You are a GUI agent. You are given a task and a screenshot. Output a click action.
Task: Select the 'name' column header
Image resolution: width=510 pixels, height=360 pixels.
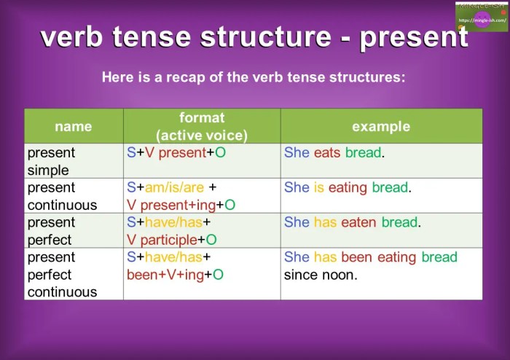(74, 126)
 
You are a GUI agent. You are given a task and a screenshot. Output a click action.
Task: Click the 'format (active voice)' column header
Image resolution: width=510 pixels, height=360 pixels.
(202, 126)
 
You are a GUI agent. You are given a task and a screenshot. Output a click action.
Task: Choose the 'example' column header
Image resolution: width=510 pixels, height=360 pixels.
(381, 126)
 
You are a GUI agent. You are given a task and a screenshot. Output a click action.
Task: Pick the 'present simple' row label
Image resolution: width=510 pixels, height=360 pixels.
(51, 161)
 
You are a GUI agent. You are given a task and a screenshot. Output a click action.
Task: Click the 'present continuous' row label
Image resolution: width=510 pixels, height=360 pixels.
(62, 196)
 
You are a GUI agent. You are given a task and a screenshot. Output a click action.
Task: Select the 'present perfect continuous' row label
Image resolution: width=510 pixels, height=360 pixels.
(62, 275)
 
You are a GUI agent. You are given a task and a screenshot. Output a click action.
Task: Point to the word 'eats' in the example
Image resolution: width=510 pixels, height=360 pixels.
(328, 153)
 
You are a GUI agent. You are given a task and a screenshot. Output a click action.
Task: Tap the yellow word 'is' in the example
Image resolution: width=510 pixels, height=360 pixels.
(319, 187)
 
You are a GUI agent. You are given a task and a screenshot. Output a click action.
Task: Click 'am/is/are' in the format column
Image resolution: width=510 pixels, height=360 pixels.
(176, 187)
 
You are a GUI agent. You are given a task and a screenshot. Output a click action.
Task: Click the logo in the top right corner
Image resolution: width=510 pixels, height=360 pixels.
(482, 17)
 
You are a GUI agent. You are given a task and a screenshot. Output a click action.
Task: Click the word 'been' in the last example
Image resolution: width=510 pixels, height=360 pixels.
(356, 257)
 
